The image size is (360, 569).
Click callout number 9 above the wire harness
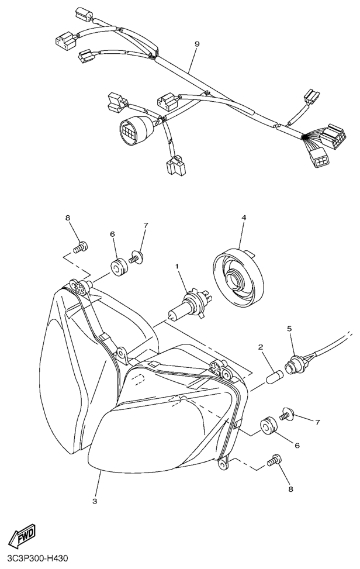click(196, 44)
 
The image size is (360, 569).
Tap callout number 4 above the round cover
click(244, 218)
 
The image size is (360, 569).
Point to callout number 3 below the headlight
click(95, 501)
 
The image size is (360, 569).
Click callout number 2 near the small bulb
click(261, 347)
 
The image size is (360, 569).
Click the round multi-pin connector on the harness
click(132, 129)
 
